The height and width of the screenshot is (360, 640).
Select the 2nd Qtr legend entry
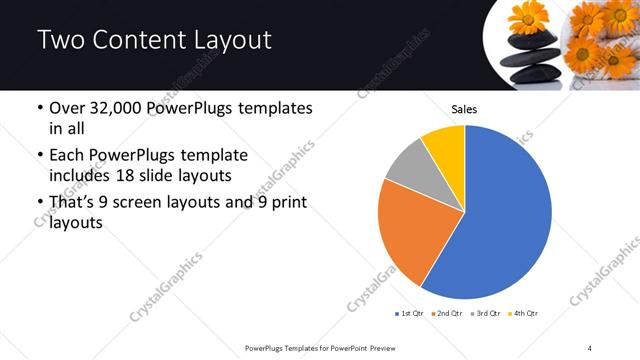pyautogui.click(x=446, y=314)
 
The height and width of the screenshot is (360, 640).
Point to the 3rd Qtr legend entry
pyautogui.click(x=484, y=314)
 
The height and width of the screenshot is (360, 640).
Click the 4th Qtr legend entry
pyautogui.click(x=523, y=314)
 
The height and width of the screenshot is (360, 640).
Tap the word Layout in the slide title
pyautogui.click(x=225, y=41)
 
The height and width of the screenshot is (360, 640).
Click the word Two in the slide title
pyautogui.click(x=63, y=41)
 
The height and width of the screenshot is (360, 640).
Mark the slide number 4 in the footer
pyautogui.click(x=590, y=347)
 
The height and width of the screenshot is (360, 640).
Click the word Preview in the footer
pyautogui.click(x=385, y=347)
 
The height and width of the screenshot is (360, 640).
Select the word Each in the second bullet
pyautogui.click(x=68, y=155)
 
